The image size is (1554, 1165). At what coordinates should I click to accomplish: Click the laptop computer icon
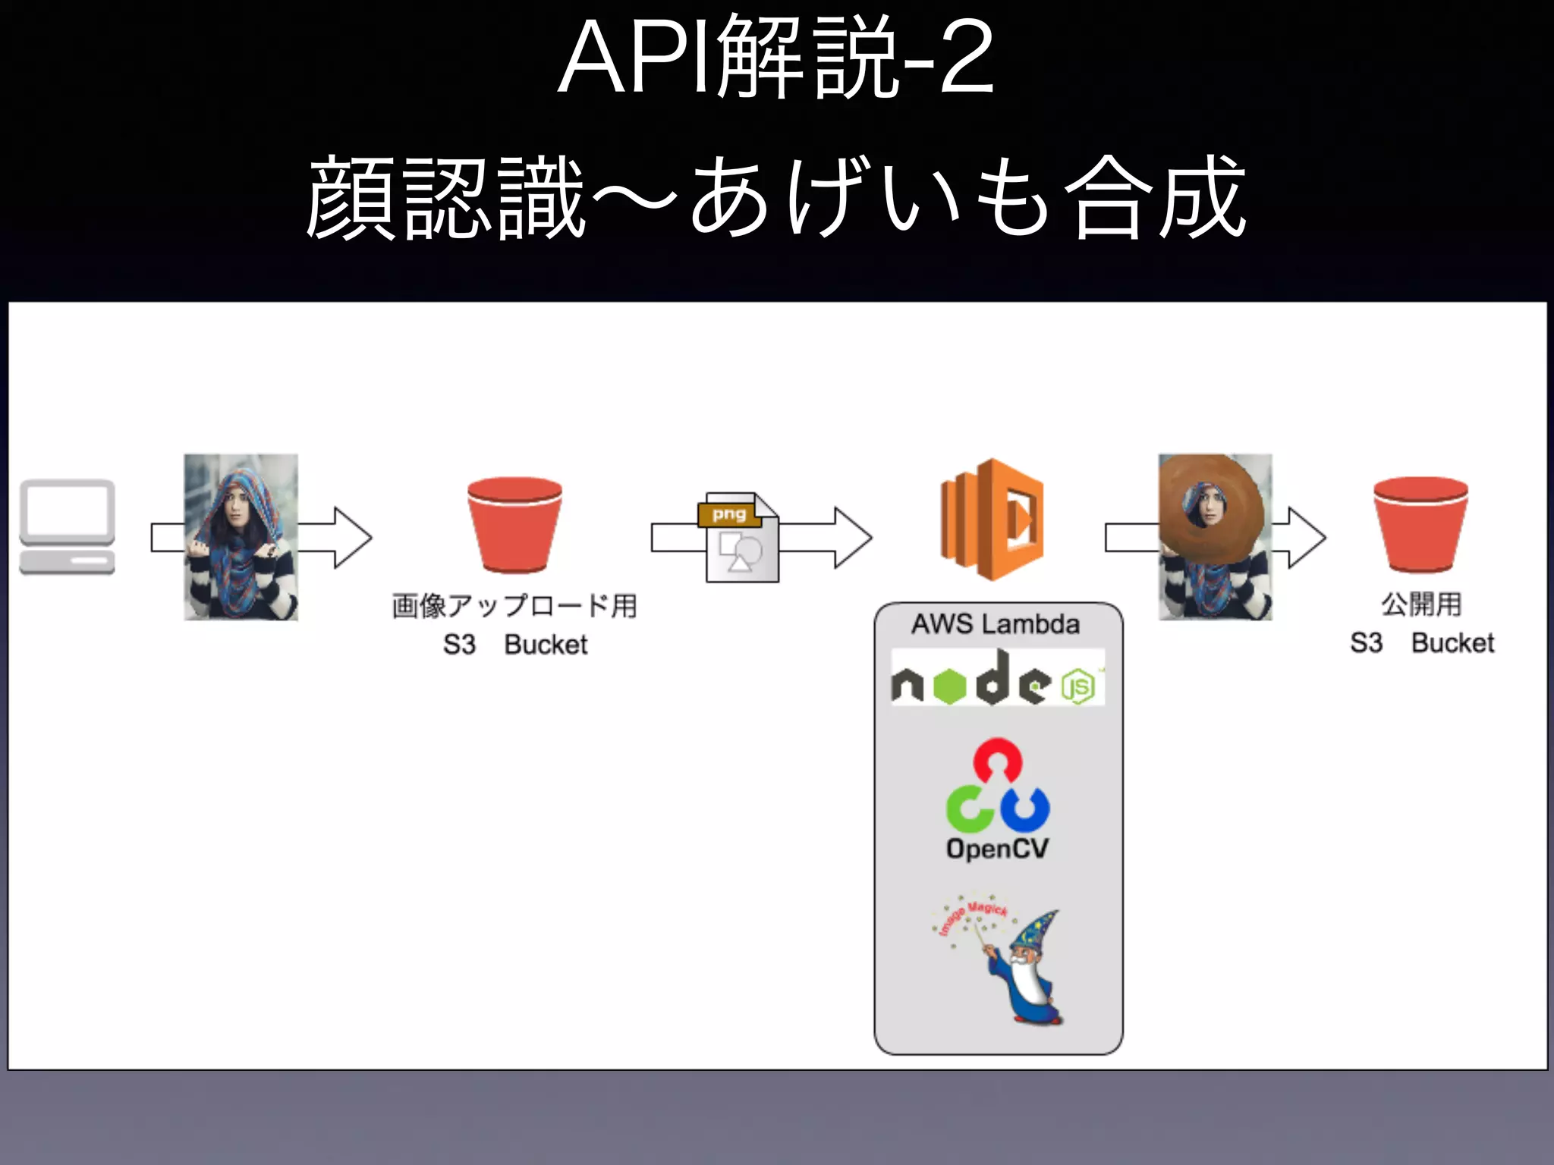[67, 526]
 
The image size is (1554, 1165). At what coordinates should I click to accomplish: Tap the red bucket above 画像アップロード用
[514, 525]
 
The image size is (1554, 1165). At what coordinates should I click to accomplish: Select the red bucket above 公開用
[1420, 525]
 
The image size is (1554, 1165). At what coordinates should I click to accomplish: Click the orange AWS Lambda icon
[992, 520]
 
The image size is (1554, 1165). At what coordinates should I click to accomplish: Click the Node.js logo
[997, 678]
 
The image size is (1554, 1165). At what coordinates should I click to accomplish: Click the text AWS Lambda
[996, 624]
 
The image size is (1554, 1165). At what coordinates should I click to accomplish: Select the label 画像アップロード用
[514, 606]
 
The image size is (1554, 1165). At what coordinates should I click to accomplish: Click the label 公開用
[1421, 604]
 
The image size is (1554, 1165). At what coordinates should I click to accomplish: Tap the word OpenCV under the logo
[997, 848]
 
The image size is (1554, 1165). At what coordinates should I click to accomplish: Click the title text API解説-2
[775, 59]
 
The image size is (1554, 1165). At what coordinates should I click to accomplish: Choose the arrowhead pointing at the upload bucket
[352, 538]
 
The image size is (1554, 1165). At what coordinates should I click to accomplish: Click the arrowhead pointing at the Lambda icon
[853, 538]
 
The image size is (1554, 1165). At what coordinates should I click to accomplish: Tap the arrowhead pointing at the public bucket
[1307, 538]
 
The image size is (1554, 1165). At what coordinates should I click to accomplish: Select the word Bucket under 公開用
[1452, 643]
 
